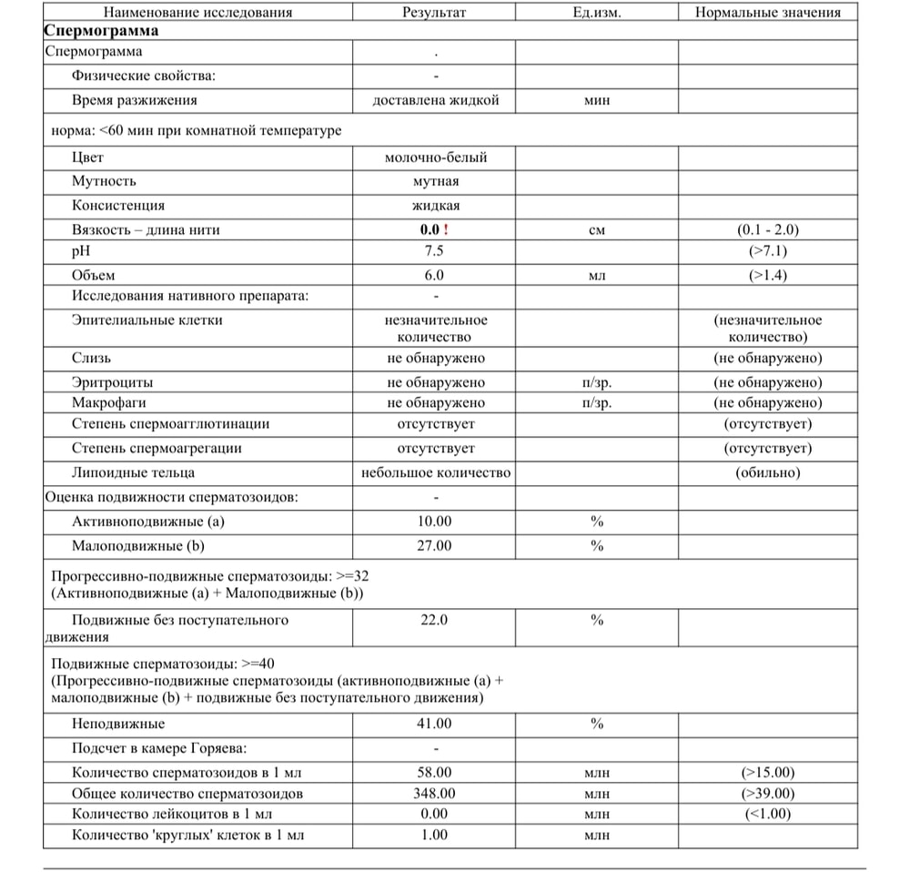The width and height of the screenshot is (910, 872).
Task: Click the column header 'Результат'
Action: coord(435,13)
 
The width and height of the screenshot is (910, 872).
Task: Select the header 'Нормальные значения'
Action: coord(767,13)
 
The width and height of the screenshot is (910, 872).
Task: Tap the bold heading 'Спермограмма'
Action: coord(101,30)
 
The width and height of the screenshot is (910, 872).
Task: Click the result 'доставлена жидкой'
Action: coord(436,100)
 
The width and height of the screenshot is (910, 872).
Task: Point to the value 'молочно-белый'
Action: coord(436,157)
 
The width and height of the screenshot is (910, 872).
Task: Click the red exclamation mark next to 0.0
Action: coord(445,230)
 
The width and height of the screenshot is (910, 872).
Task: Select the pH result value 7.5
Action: coord(436,251)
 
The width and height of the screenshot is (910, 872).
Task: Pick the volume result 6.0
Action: coord(436,275)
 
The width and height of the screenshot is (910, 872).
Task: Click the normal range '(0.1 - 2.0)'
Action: coord(767,230)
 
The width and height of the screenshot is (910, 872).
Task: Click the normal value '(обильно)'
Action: coord(767,472)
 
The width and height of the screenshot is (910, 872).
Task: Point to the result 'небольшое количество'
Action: coord(436,472)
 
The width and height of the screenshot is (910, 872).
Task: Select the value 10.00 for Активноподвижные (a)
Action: coord(435,522)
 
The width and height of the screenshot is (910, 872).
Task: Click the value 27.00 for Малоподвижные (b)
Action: coord(435,546)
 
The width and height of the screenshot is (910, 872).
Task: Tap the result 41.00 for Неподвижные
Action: coord(435,724)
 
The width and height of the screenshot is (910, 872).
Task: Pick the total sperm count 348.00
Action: coord(435,794)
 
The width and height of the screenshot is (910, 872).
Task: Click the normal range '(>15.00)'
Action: coord(767,773)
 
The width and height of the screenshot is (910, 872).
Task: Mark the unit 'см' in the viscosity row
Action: coord(597,230)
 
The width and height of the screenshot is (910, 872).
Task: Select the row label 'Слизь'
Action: coord(92,358)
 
